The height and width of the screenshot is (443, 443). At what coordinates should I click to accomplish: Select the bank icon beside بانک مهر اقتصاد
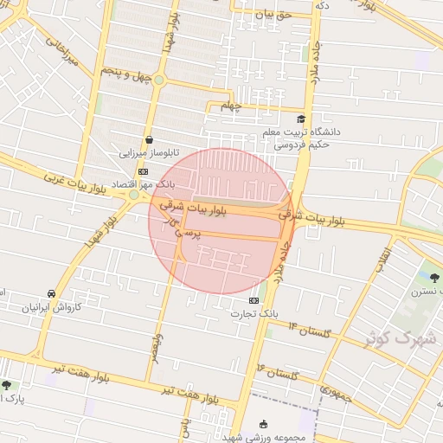(142, 171)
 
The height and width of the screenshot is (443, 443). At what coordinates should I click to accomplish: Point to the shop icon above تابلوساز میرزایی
(150, 139)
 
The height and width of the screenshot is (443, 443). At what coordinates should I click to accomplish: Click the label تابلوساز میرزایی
(149, 152)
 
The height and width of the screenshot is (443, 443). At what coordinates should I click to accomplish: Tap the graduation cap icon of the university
(300, 119)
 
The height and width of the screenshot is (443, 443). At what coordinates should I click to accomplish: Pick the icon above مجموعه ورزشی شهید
(264, 424)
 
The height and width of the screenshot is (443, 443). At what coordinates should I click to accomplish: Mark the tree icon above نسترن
(433, 278)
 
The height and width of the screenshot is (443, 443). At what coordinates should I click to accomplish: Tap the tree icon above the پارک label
(7, 385)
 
